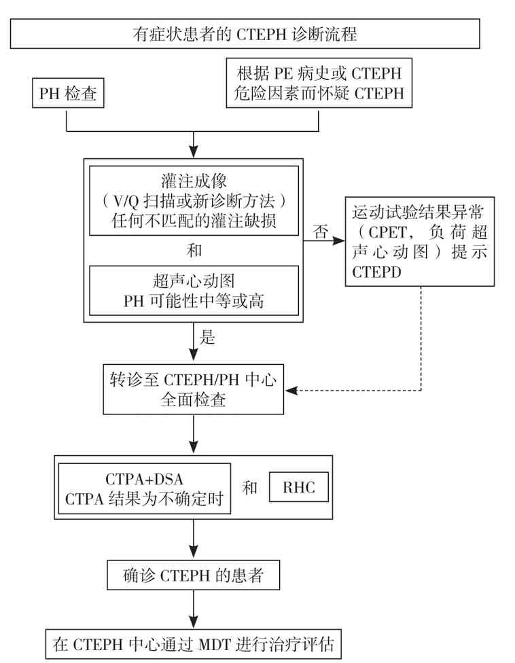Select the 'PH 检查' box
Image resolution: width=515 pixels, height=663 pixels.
[66, 94]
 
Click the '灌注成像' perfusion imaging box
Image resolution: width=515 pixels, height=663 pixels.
[194, 201]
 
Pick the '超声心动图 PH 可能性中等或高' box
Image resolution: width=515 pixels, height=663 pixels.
[194, 291]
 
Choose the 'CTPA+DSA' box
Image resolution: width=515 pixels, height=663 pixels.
[145, 488]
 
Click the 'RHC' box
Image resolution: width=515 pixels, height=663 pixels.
[299, 488]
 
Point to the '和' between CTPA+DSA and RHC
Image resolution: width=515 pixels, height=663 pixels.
[250, 488]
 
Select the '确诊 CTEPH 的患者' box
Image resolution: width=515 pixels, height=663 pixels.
[194, 576]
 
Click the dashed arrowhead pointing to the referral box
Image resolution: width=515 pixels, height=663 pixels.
[290, 391]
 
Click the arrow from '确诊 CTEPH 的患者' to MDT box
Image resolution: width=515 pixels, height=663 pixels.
[194, 609]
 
